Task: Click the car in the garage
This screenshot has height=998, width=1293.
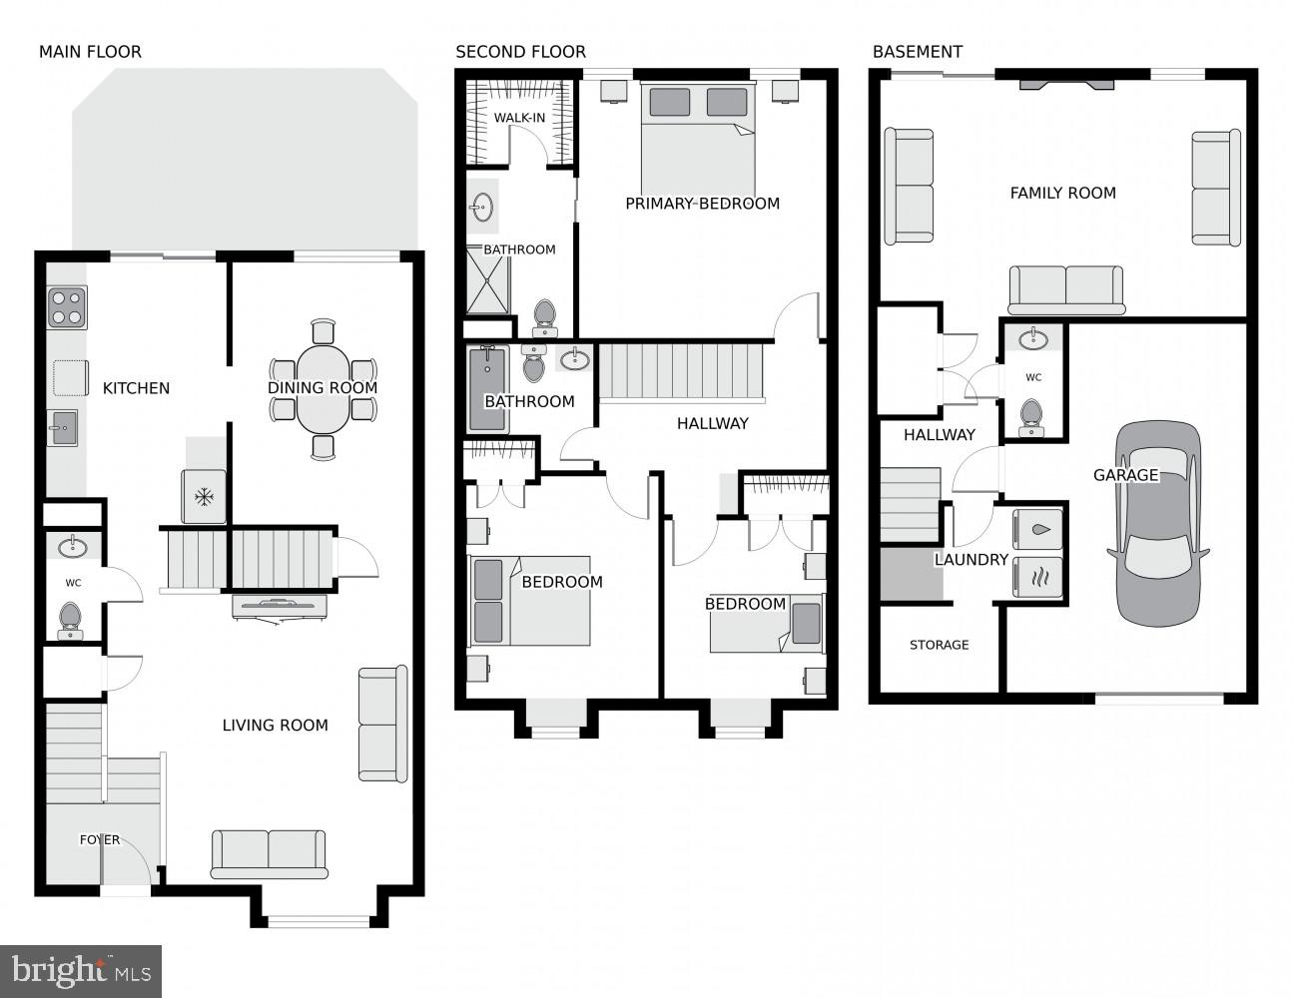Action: [1157, 523]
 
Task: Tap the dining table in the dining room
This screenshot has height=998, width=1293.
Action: [323, 388]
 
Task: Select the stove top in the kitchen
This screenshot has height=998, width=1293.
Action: [67, 307]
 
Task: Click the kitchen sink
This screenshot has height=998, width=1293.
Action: [62, 428]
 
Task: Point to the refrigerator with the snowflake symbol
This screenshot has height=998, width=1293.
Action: [204, 496]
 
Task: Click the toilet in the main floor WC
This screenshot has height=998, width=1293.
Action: [70, 620]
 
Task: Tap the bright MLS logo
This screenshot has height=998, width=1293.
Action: [81, 971]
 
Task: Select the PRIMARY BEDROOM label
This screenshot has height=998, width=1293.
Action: [702, 204]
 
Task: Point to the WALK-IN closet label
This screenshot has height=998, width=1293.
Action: [519, 118]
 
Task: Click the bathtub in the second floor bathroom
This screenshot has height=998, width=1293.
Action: [487, 389]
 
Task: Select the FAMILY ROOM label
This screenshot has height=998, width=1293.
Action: [1062, 193]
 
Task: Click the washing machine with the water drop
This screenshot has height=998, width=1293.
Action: [1037, 530]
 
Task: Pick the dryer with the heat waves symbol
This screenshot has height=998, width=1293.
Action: [1037, 577]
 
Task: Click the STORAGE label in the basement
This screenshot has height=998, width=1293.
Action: [939, 645]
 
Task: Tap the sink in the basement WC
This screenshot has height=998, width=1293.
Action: [1033, 340]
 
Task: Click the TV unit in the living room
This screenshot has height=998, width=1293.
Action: [279, 606]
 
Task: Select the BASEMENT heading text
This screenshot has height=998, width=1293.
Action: [917, 52]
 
